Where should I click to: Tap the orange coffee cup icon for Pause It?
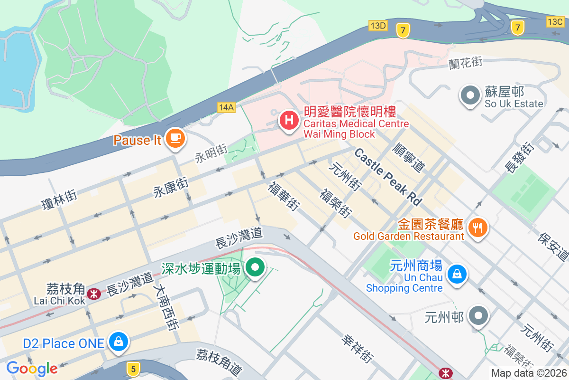tap(175, 139)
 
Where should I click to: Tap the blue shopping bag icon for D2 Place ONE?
tap(118, 342)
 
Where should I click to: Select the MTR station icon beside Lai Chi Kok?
tap(94, 294)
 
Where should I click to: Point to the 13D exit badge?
tap(378, 25)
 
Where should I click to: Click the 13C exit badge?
tap(554, 21)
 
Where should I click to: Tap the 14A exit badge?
tap(226, 107)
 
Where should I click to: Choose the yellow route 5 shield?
tap(134, 368)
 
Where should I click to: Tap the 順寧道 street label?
tap(409, 159)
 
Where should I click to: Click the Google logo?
tap(32, 369)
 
